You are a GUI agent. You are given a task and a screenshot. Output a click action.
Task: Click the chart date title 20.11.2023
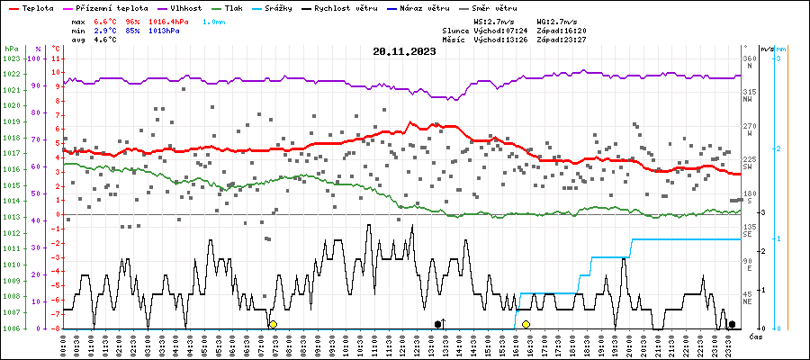404,51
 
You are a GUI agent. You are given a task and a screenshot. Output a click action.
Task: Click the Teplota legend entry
32,8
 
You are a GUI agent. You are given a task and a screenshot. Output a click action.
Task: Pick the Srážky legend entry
293,8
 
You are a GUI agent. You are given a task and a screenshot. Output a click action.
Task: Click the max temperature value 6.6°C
105,20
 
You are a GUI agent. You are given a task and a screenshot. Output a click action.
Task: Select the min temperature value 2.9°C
105,29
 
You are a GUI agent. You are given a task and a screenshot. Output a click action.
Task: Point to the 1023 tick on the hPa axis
11,58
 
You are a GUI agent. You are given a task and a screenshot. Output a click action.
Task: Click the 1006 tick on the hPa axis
11,328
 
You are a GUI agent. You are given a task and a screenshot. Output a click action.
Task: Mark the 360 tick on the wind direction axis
749,58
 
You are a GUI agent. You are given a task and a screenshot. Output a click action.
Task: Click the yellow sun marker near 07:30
273,324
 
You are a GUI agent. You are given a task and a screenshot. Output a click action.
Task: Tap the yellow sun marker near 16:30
526,324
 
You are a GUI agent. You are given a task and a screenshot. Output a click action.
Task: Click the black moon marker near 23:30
732,324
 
